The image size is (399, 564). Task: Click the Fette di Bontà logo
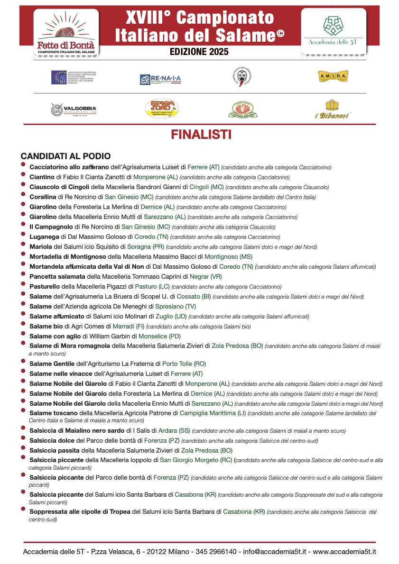click(x=66, y=32)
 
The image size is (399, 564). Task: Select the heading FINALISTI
click(x=201, y=135)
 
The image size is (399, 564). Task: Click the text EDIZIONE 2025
click(x=199, y=52)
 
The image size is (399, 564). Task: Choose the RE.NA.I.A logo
click(x=160, y=79)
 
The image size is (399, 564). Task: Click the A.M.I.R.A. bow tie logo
click(x=333, y=76)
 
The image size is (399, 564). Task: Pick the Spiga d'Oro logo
click(x=161, y=109)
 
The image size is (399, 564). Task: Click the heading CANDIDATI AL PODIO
click(x=65, y=156)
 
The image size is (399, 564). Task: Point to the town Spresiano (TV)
click(x=176, y=307)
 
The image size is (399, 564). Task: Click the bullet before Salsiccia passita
click(x=23, y=449)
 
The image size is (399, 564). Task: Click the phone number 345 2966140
click(x=216, y=552)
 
